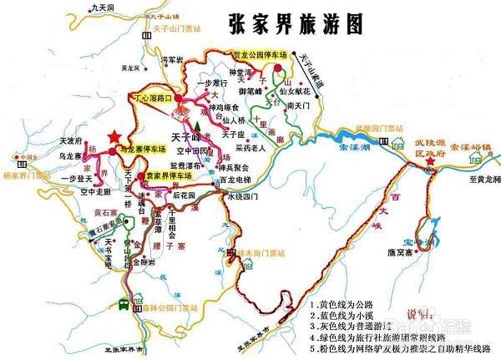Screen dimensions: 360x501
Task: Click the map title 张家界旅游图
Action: coord(296,24)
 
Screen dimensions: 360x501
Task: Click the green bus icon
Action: coord(123,305)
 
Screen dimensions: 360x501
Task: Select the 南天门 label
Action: coord(298,107)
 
